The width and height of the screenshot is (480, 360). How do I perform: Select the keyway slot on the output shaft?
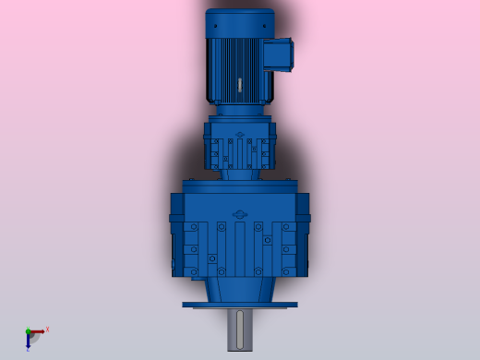(240, 330)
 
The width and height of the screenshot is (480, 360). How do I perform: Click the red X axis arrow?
(38, 330)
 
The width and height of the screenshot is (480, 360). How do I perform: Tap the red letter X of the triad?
(47, 329)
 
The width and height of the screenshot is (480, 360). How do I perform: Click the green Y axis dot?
(28, 330)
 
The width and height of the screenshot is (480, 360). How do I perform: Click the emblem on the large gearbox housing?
(240, 214)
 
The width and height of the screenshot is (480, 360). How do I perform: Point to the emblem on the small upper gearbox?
(240, 137)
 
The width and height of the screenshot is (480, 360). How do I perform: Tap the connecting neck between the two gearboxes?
(240, 173)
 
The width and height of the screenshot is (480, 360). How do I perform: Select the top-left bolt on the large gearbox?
(195, 226)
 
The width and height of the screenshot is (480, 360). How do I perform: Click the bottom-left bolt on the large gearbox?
(195, 270)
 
